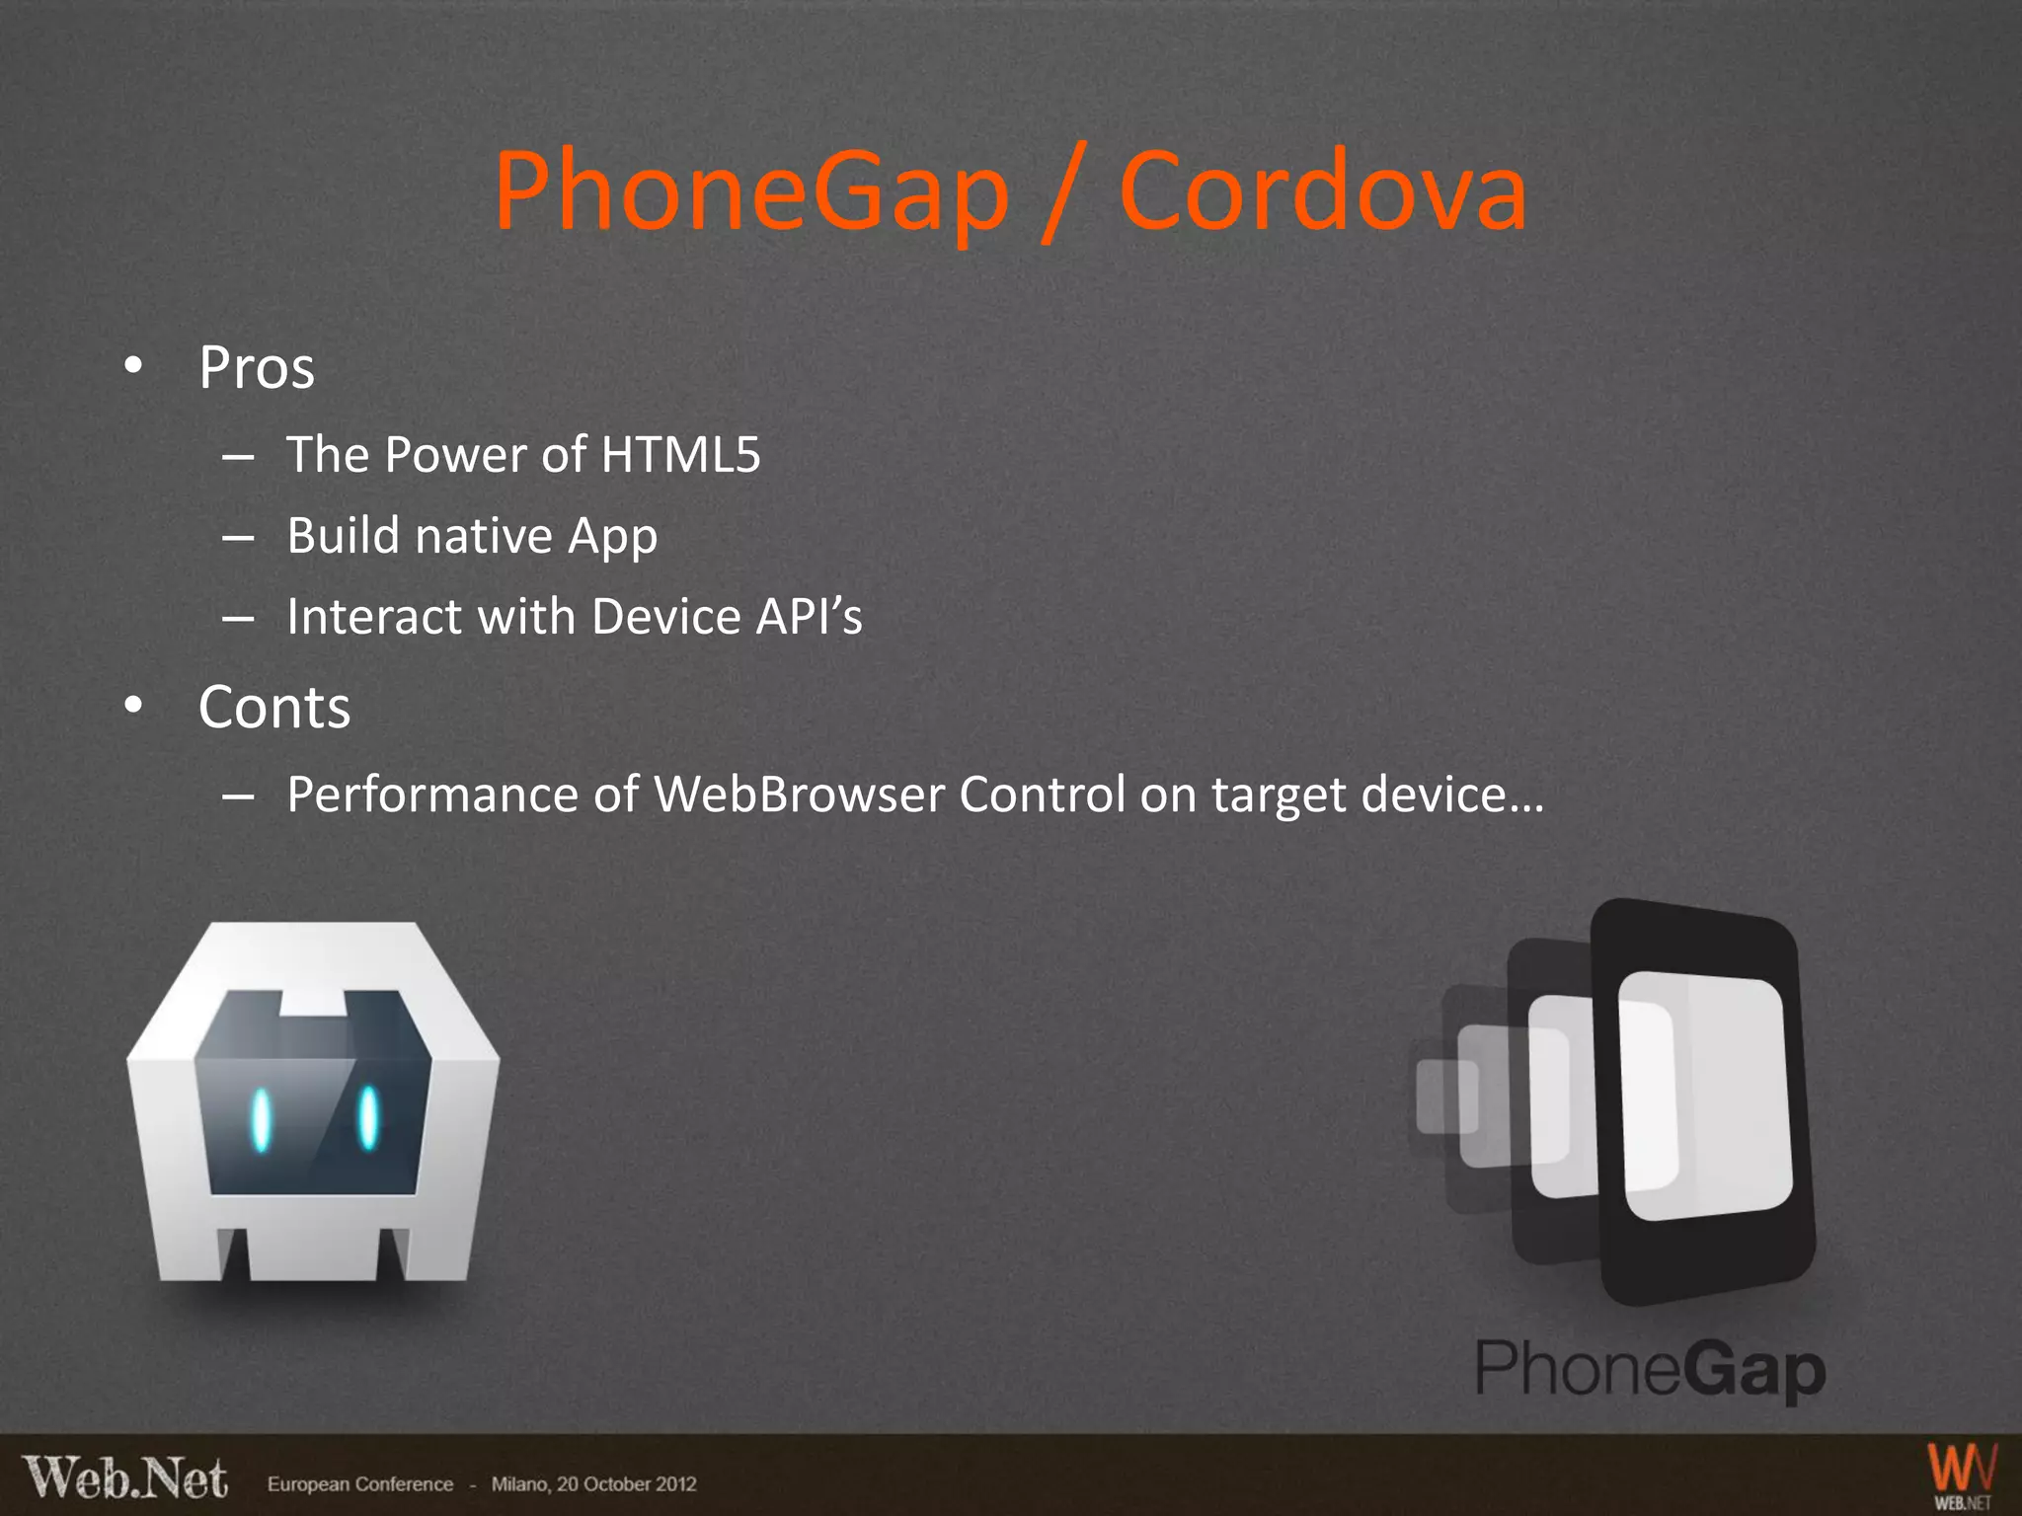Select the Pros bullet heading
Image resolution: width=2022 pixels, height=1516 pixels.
[257, 368]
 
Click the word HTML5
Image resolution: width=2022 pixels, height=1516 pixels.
[680, 455]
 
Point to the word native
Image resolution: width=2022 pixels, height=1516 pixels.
[484, 536]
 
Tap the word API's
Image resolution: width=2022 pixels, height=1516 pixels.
[809, 617]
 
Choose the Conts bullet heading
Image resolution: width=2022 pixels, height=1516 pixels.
[274, 708]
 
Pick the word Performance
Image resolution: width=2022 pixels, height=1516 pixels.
[432, 795]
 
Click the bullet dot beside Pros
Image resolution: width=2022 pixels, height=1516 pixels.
[133, 366]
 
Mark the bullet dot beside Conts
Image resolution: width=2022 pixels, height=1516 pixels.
[133, 706]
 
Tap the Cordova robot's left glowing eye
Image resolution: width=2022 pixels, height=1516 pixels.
[261, 1119]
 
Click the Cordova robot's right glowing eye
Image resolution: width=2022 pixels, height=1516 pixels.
[368, 1117]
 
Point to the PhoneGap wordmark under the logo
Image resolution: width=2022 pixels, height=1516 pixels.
[1650, 1369]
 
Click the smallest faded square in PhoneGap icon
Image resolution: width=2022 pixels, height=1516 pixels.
[1444, 1096]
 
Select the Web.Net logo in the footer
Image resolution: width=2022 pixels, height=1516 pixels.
[125, 1478]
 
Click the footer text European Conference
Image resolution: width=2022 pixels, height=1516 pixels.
[360, 1484]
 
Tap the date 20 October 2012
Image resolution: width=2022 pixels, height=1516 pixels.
[626, 1484]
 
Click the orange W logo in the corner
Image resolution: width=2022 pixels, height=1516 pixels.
[1962, 1474]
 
